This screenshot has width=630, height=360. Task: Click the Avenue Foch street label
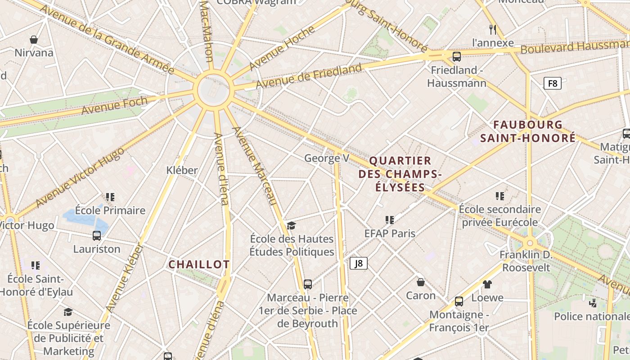point(114,105)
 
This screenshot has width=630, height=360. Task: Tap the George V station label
point(327,158)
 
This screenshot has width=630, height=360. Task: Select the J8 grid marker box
point(359,263)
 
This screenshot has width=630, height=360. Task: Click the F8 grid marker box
point(553,83)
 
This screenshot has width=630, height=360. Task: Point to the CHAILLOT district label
point(199,265)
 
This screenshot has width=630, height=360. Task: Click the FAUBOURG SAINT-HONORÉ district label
point(528,131)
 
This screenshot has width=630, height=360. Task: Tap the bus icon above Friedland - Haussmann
point(456,57)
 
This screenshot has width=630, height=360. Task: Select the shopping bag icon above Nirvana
point(34,40)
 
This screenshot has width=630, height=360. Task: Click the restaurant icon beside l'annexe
point(493,30)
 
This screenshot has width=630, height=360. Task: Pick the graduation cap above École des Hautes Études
point(292,225)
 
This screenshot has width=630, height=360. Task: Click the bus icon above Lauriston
point(97,235)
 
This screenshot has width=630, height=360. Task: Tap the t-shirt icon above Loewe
point(487,284)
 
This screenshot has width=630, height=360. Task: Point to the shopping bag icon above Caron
point(421,282)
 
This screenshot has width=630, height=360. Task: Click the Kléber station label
point(182,170)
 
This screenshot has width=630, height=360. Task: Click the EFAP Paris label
point(390,233)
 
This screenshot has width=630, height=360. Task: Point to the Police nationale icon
point(593,303)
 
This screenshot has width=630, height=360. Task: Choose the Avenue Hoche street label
point(282,48)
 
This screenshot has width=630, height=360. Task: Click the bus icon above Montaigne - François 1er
point(459,301)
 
